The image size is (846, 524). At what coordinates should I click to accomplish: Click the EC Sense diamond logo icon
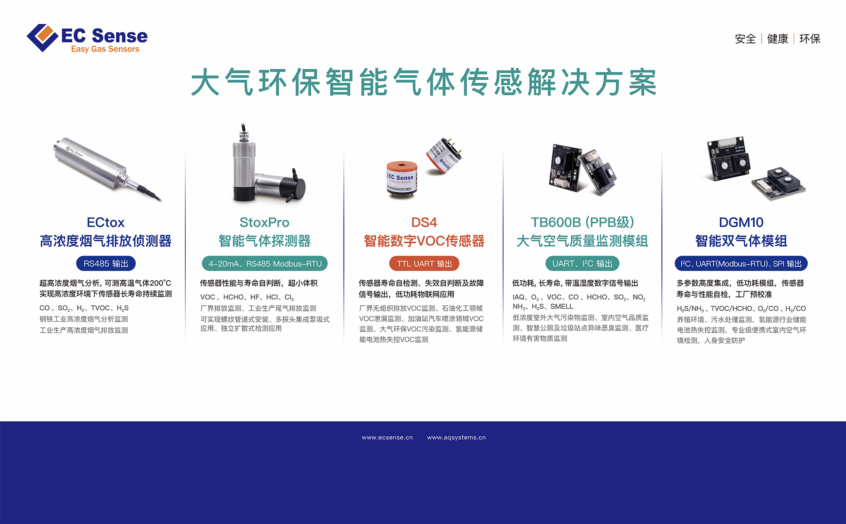(42, 38)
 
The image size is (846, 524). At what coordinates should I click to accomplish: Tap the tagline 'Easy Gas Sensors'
(105, 49)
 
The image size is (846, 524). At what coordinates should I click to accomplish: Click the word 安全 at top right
(745, 39)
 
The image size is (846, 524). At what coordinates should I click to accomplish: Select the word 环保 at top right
(810, 39)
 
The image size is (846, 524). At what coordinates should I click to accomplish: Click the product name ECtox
(106, 222)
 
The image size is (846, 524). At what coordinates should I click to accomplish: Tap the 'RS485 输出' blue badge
(106, 264)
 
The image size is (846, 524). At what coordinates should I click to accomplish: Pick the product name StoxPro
(264, 222)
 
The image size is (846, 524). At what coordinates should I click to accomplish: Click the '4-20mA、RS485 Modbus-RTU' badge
(265, 264)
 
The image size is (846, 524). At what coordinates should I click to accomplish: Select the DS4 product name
(424, 222)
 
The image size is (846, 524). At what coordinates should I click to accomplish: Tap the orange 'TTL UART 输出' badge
(425, 264)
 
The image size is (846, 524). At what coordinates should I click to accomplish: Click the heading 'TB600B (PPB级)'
(582, 222)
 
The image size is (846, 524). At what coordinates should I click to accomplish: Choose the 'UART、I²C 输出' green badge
(582, 264)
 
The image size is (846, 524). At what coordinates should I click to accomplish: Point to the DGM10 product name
(741, 222)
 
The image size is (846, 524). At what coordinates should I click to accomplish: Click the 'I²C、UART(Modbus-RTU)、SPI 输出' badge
(741, 264)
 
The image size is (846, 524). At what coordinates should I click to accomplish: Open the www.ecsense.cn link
(387, 437)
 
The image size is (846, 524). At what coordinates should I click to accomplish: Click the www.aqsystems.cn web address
(457, 437)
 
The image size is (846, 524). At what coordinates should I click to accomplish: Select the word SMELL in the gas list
(562, 307)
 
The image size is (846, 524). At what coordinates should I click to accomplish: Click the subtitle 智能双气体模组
(741, 241)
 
